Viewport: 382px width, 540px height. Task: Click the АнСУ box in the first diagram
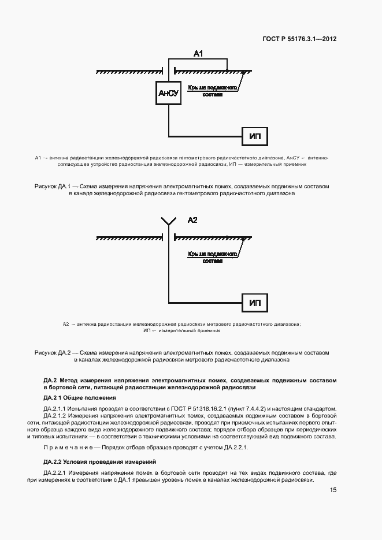[x=168, y=92]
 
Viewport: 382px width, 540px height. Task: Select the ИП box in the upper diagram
[x=255, y=136]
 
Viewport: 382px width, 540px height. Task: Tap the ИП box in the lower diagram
[x=255, y=303]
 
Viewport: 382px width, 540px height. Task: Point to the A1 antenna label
[x=198, y=54]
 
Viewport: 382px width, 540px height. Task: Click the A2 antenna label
[x=193, y=220]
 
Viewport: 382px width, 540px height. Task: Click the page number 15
[x=333, y=490]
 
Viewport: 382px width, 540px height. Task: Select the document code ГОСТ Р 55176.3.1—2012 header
[x=300, y=39]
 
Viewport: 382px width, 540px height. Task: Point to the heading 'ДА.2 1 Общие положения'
[x=80, y=398]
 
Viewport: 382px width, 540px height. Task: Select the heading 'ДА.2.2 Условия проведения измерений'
[x=97, y=461]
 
